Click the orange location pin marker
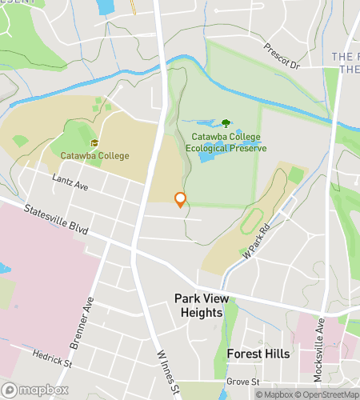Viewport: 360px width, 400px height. [181, 199]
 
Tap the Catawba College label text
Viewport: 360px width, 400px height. [94, 155]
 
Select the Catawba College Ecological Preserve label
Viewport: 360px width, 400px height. [223, 142]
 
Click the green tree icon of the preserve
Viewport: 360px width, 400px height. [226, 123]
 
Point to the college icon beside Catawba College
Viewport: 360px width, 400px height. [94, 143]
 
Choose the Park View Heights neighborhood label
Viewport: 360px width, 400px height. [198, 305]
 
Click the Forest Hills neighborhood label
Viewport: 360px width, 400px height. [258, 353]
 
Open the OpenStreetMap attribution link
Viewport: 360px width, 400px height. [327, 394]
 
